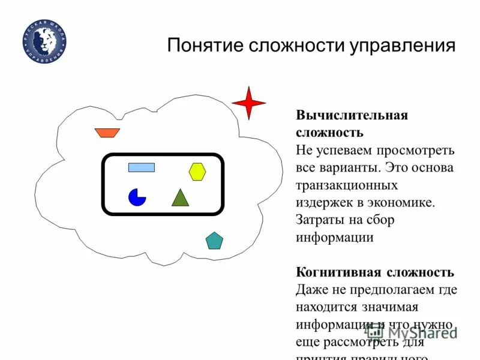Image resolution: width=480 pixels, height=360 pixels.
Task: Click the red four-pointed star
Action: [x=248, y=103]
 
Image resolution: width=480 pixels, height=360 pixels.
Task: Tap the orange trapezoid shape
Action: [x=107, y=133]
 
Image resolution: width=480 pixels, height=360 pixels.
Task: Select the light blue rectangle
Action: [x=142, y=167]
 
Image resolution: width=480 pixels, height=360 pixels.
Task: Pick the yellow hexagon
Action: [x=197, y=172]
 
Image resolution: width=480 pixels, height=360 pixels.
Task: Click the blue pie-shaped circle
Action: [x=137, y=197]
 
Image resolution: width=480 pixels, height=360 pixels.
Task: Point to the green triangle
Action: [x=180, y=198]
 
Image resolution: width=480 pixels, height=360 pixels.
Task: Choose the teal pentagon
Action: [x=214, y=241]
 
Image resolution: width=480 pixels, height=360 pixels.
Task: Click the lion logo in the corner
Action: [x=45, y=42]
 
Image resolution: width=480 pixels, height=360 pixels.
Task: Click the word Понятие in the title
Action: [x=200, y=46]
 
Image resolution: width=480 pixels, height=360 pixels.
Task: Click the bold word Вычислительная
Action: [x=352, y=115]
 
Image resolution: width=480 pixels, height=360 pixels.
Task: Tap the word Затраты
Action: [x=319, y=220]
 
